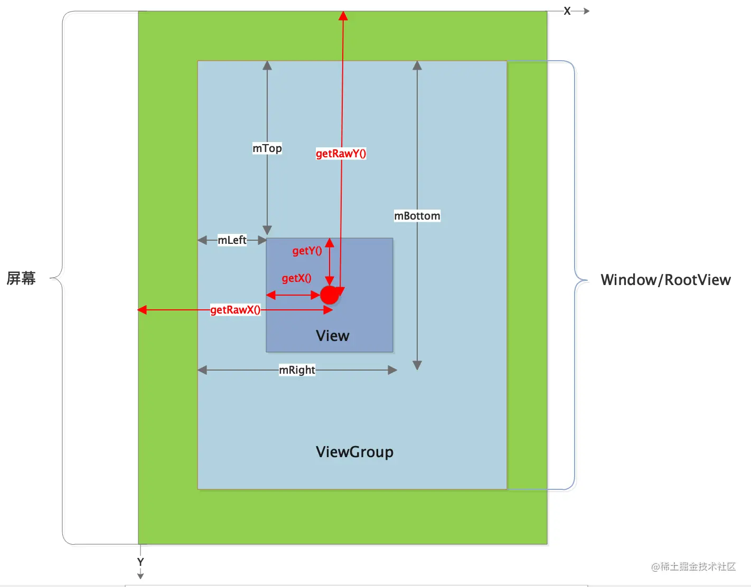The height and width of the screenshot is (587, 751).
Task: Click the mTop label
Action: click(267, 148)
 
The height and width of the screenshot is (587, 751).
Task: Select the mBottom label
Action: click(417, 216)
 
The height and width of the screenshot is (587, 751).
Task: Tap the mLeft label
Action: click(232, 240)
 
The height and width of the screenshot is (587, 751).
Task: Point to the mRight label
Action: click(297, 370)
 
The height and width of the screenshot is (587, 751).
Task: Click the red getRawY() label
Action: click(341, 154)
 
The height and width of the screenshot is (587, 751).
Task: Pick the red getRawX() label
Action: click(236, 310)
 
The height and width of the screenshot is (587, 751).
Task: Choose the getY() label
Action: click(307, 251)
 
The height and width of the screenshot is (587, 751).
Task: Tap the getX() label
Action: click(296, 278)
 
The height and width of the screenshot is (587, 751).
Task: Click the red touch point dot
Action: click(330, 295)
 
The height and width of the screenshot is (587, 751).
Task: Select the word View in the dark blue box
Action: click(332, 336)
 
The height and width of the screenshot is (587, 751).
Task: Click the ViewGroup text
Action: click(354, 452)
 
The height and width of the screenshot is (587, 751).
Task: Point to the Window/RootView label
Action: click(665, 280)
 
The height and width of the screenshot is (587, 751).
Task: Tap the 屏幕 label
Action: click(21, 278)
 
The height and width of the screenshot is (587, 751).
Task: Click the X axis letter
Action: click(567, 11)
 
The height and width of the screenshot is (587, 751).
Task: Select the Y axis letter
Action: click(140, 562)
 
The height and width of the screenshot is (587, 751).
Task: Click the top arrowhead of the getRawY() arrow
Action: click(343, 16)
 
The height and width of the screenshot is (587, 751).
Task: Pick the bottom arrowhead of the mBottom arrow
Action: click(417, 365)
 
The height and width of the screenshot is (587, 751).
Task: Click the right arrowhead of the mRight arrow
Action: click(392, 370)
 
